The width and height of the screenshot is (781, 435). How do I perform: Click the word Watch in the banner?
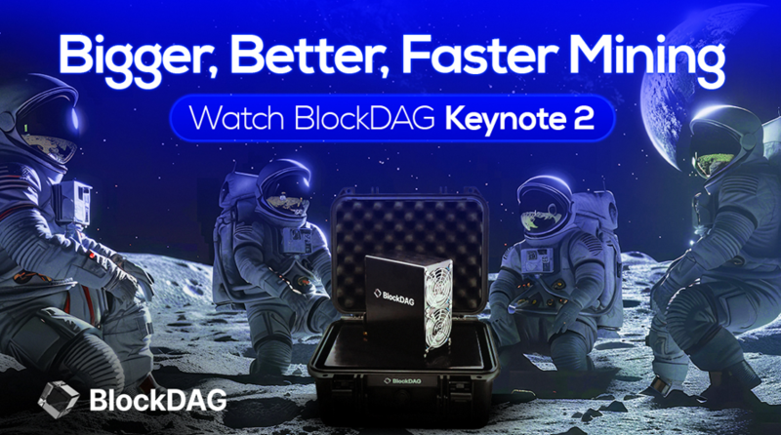237,119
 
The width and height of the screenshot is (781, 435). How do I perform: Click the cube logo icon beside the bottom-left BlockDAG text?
59,398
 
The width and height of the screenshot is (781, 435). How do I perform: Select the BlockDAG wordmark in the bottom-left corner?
158,399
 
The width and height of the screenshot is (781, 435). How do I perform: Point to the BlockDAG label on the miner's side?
394,295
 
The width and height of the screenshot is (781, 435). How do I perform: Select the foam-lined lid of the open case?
408,235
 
